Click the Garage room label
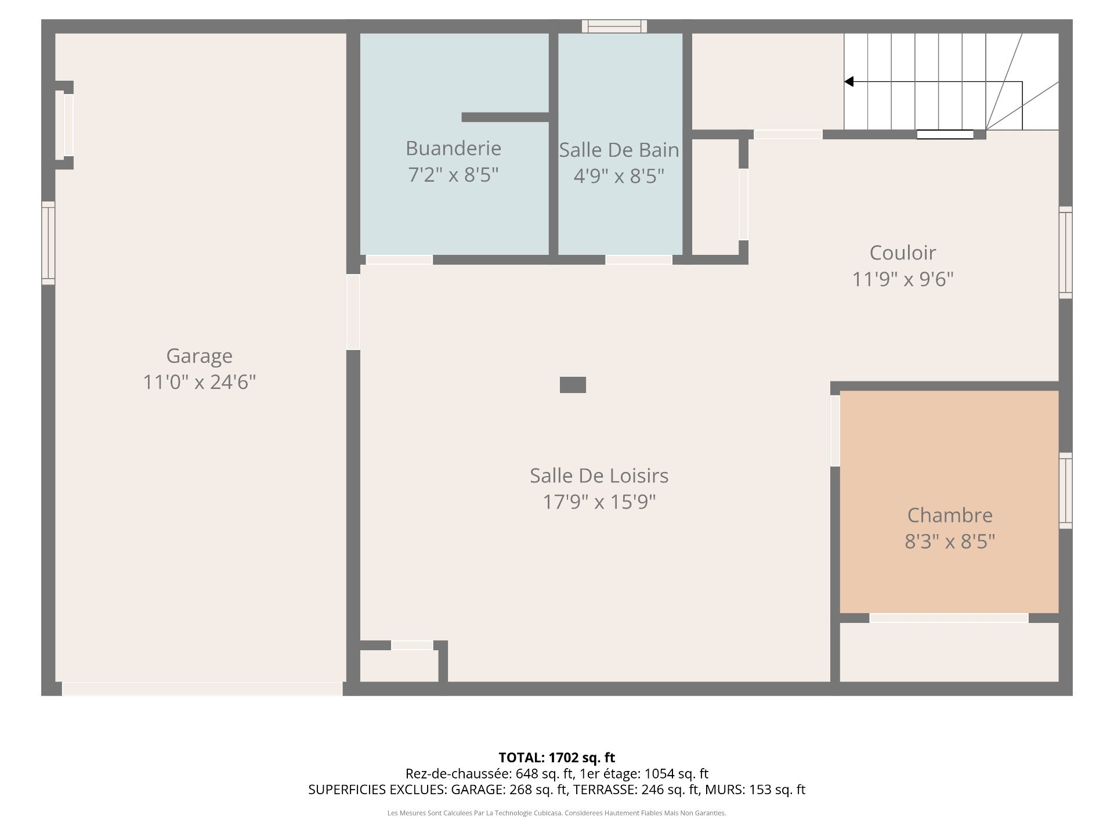click(x=199, y=355)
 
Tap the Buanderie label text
click(x=453, y=148)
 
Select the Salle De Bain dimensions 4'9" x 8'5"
click(x=619, y=175)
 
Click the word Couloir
click(x=902, y=253)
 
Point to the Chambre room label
click(x=950, y=515)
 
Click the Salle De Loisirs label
click(x=599, y=475)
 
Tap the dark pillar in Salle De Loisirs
click(x=573, y=385)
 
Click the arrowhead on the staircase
click(x=849, y=82)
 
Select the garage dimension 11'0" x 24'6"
click(x=199, y=382)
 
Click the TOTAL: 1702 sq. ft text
click(x=556, y=758)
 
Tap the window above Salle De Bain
click(x=614, y=26)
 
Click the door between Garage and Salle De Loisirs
click(x=353, y=312)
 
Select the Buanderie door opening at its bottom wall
click(x=399, y=260)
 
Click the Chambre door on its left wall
click(x=835, y=431)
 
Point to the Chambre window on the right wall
click(x=1065, y=491)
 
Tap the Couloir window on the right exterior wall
click(x=1065, y=253)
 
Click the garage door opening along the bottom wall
click(x=202, y=689)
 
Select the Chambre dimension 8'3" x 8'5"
click(x=950, y=542)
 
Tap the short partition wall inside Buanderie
click(x=505, y=117)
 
